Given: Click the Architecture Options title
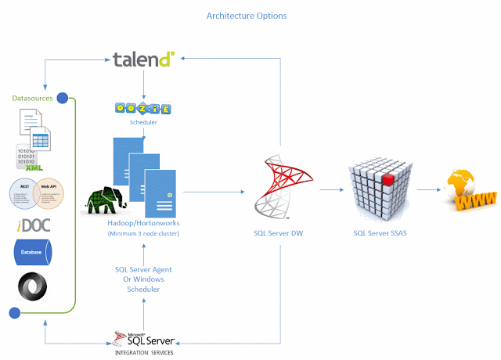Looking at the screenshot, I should pyautogui.click(x=247, y=16).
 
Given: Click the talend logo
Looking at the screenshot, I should pyautogui.click(x=142, y=59).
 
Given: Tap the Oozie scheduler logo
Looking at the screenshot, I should pyautogui.click(x=142, y=110).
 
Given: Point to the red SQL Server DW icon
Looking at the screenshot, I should pyautogui.click(x=280, y=187).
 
